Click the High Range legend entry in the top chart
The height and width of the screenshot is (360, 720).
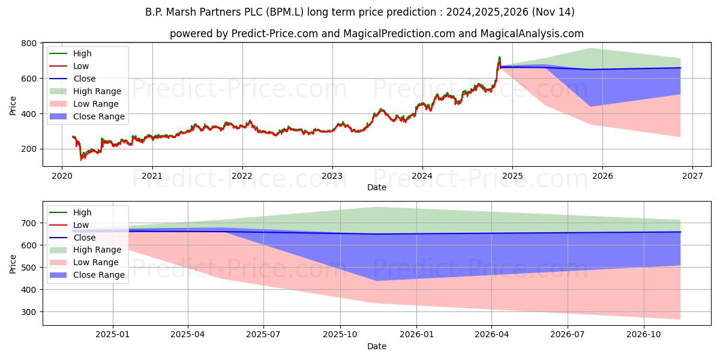(x=97, y=91)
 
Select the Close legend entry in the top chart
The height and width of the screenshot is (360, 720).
(x=84, y=79)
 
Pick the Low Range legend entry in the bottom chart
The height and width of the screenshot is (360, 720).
(x=96, y=262)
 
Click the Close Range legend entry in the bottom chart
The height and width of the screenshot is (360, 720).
(x=99, y=275)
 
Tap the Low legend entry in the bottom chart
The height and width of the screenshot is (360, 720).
(x=80, y=225)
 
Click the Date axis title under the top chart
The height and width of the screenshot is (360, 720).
(x=376, y=188)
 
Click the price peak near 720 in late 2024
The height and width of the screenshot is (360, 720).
(x=499, y=58)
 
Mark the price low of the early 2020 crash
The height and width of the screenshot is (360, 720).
(x=82, y=159)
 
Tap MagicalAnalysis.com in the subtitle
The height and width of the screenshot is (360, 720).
(x=532, y=34)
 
